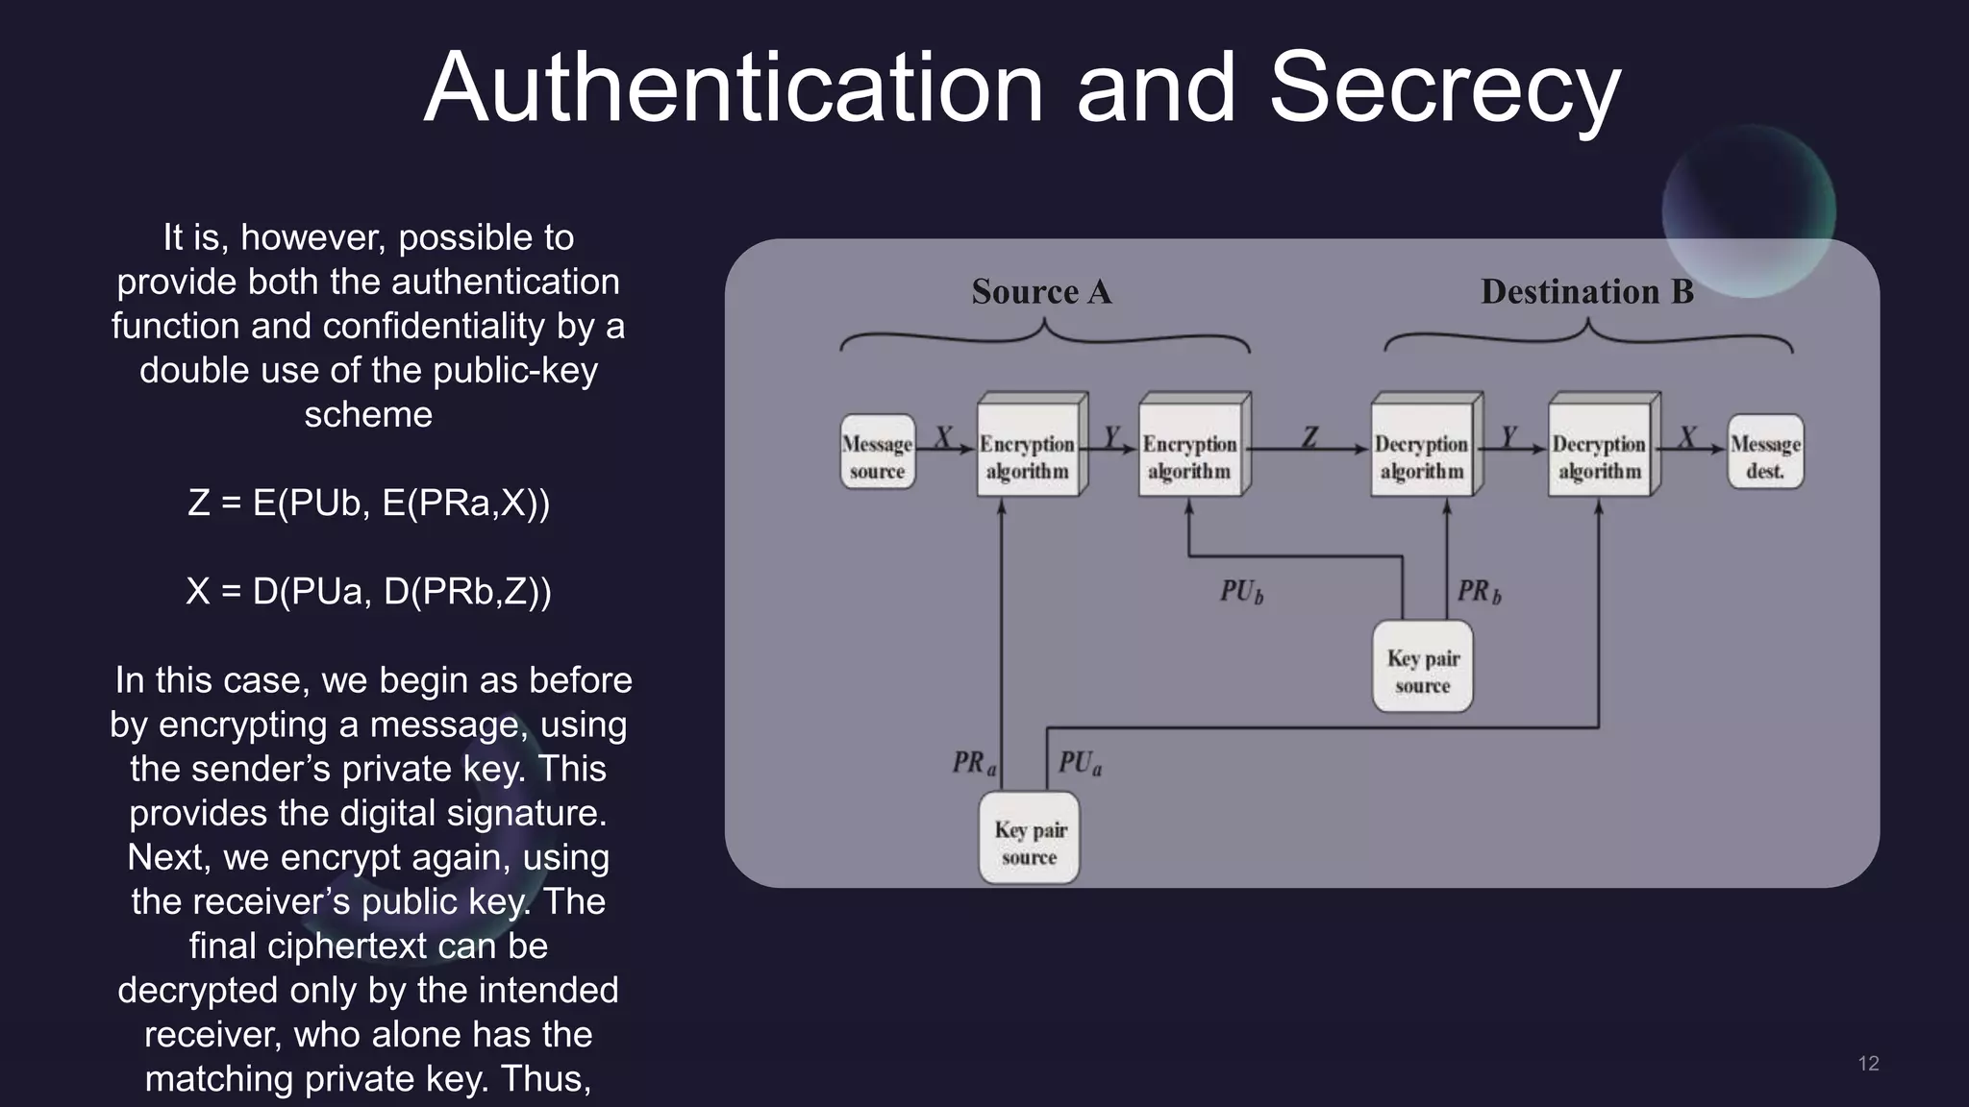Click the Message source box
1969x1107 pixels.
[x=877, y=452]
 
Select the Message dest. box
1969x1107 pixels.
[x=1765, y=452]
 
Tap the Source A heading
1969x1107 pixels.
[x=1041, y=291]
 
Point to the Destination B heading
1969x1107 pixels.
[x=1586, y=291]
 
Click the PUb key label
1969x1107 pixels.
[x=1241, y=591]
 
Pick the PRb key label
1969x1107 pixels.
[x=1479, y=591]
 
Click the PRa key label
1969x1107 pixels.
[x=974, y=763]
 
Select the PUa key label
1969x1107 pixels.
[x=1080, y=763]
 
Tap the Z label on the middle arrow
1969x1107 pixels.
[x=1309, y=438]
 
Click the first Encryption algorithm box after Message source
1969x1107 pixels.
[x=1028, y=452]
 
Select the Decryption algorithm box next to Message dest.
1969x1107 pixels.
[x=1599, y=452]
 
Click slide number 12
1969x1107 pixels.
[x=1868, y=1063]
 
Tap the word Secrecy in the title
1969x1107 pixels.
[x=1444, y=88]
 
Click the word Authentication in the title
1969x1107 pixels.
[x=733, y=88]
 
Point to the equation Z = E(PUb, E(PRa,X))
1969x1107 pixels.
[x=368, y=503]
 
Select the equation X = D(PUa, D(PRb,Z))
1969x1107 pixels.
[x=368, y=591]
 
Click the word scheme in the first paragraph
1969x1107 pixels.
[x=368, y=414]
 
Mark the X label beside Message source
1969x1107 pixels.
[x=943, y=437]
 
